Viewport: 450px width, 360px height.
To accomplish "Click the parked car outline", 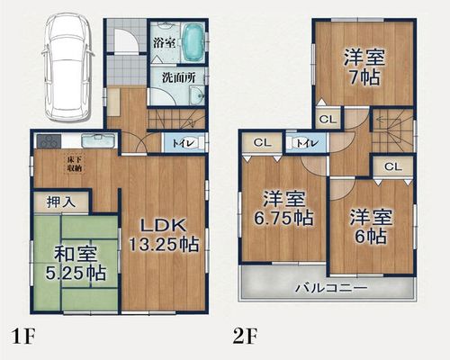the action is (67, 68).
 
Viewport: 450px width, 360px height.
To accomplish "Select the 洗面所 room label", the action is (178, 77).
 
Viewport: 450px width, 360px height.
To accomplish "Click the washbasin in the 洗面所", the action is (197, 95).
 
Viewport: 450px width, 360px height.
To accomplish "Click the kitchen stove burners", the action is (49, 141).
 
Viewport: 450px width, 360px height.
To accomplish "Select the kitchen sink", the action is (98, 140).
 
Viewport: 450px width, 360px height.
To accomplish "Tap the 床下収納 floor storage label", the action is (75, 164).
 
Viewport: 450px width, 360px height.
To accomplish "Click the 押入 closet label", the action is (61, 202).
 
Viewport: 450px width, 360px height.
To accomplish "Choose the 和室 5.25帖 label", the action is (76, 264).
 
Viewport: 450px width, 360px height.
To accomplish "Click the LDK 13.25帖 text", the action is (164, 235).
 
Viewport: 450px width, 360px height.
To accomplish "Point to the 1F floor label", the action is (22, 337).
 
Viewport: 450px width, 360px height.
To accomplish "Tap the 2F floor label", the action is (245, 337).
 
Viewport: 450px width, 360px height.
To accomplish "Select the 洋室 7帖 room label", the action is (364, 67).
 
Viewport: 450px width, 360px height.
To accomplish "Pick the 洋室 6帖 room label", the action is (371, 226).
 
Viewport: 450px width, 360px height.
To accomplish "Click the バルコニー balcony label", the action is (331, 289).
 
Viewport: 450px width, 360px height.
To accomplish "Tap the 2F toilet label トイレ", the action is (307, 143).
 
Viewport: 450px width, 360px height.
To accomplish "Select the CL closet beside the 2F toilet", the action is (262, 143).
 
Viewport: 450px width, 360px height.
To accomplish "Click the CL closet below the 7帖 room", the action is (328, 119).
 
